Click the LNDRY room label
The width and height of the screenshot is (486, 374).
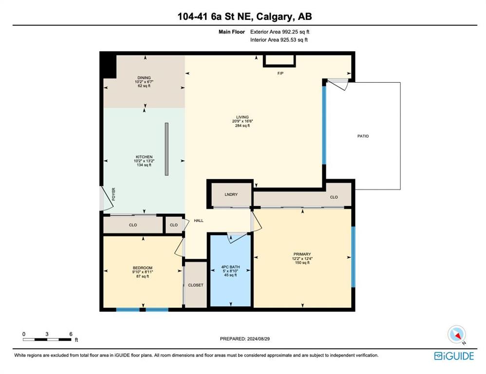(x=231, y=195)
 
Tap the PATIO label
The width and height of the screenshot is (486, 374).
(x=363, y=136)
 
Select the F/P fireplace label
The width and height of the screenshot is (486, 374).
(x=280, y=74)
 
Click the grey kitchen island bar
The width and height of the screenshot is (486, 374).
(x=167, y=149)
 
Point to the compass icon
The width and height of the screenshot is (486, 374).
(x=457, y=335)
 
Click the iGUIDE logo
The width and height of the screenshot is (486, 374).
(x=454, y=355)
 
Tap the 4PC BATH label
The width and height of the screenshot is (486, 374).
(x=230, y=267)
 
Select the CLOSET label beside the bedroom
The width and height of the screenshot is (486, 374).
(x=196, y=285)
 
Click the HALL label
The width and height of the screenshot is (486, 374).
(x=199, y=221)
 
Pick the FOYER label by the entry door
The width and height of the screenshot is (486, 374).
(x=113, y=194)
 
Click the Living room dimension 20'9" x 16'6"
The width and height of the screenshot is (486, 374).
(x=243, y=121)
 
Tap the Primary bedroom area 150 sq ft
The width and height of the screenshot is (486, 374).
(x=302, y=262)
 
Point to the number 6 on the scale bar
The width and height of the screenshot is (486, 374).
(x=71, y=334)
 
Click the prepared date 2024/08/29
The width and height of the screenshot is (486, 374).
(x=258, y=338)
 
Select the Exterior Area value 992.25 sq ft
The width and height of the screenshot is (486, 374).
(x=296, y=32)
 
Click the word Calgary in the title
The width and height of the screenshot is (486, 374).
(x=275, y=16)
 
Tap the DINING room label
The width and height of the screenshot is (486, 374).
(x=144, y=78)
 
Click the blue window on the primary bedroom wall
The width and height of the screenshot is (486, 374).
(x=353, y=257)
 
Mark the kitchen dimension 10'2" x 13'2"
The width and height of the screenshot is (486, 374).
(x=144, y=161)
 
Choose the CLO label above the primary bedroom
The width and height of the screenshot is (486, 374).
(x=334, y=197)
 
